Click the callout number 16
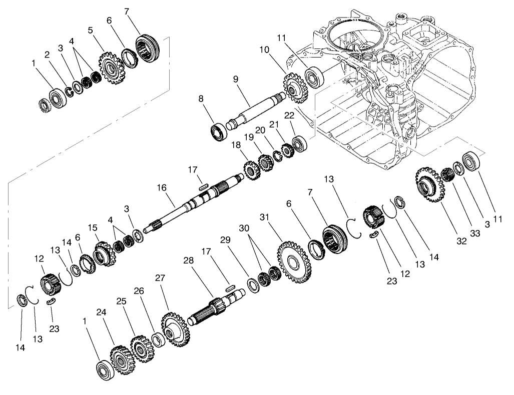pyautogui.click(x=161, y=187)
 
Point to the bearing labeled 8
pyautogui.click(x=219, y=131)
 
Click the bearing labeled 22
pyautogui.click(x=300, y=144)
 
